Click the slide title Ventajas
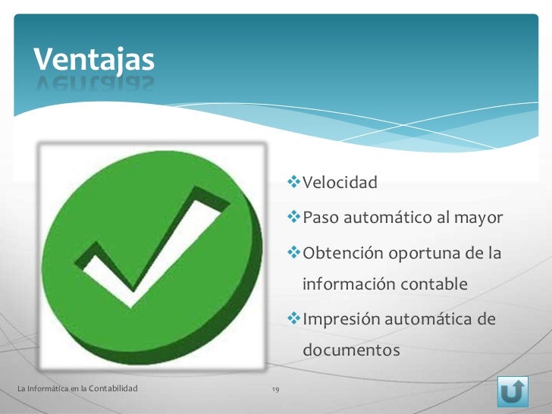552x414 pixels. click(x=93, y=58)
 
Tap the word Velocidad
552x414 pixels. click(x=340, y=183)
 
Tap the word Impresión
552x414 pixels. click(x=342, y=319)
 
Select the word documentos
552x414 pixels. click(x=350, y=352)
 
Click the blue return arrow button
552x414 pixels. click(x=513, y=391)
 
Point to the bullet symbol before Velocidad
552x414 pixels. click(x=294, y=183)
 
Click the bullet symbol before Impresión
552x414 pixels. click(x=294, y=319)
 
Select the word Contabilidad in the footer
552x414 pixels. click(x=113, y=389)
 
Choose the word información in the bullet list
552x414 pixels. click(x=348, y=285)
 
